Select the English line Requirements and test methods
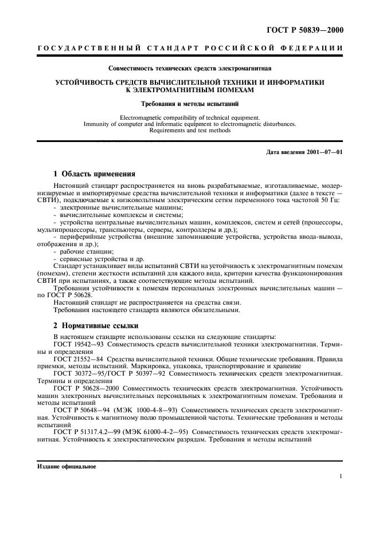tap(189, 130)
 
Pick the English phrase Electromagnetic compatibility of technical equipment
tap(189, 117)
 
